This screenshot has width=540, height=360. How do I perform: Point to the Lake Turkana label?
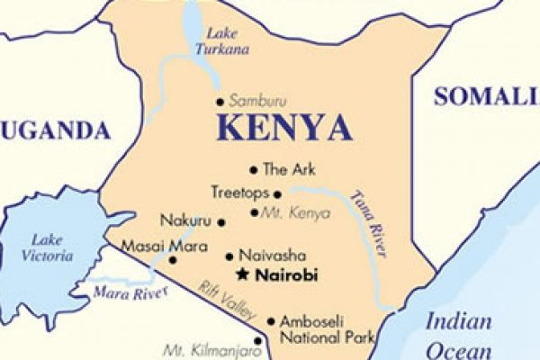[223, 40]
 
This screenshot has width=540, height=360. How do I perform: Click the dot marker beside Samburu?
[220, 102]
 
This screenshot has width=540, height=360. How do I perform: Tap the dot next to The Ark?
[253, 169]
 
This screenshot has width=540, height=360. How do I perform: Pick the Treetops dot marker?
[277, 193]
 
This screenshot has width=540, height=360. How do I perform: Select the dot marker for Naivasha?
[229, 256]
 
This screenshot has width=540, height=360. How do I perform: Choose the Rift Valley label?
[221, 298]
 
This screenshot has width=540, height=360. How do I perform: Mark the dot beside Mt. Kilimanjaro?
[259, 340]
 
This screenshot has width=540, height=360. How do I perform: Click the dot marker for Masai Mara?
[173, 260]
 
